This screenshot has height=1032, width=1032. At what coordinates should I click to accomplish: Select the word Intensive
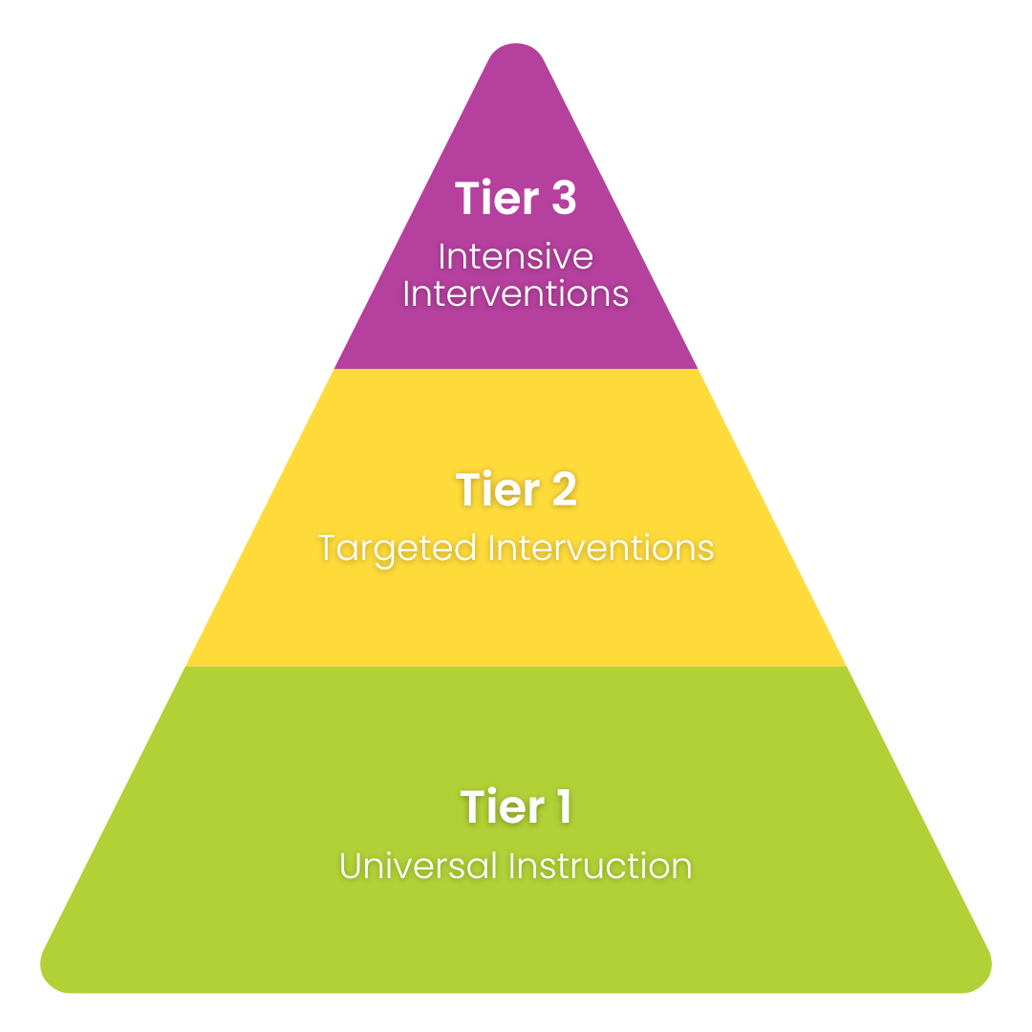(516, 257)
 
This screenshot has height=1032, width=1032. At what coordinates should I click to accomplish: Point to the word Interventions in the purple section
(516, 293)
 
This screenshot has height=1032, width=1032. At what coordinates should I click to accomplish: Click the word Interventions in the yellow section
(601, 548)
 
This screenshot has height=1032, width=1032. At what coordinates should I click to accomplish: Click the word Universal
(419, 867)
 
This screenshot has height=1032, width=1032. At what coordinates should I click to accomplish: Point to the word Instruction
(601, 867)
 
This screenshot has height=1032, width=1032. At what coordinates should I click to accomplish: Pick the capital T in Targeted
(328, 548)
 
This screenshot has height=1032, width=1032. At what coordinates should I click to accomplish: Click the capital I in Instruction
(512, 867)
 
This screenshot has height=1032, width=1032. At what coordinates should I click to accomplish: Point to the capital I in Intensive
(441, 257)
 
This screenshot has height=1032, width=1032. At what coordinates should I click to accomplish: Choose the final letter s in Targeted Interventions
(706, 550)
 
